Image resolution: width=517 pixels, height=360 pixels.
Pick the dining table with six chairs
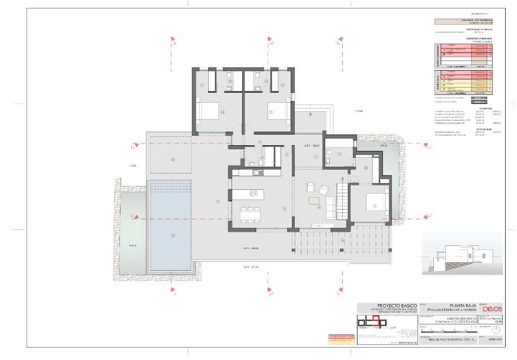250,214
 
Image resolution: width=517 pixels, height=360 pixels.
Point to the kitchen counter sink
255,173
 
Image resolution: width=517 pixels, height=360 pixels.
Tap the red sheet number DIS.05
490,308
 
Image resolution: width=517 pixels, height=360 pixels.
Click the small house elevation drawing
458,254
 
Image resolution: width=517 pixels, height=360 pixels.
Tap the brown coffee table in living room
314,201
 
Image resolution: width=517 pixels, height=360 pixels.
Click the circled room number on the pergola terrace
342,242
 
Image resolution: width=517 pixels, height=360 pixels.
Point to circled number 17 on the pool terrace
217,201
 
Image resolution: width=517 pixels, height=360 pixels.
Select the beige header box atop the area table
461,22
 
